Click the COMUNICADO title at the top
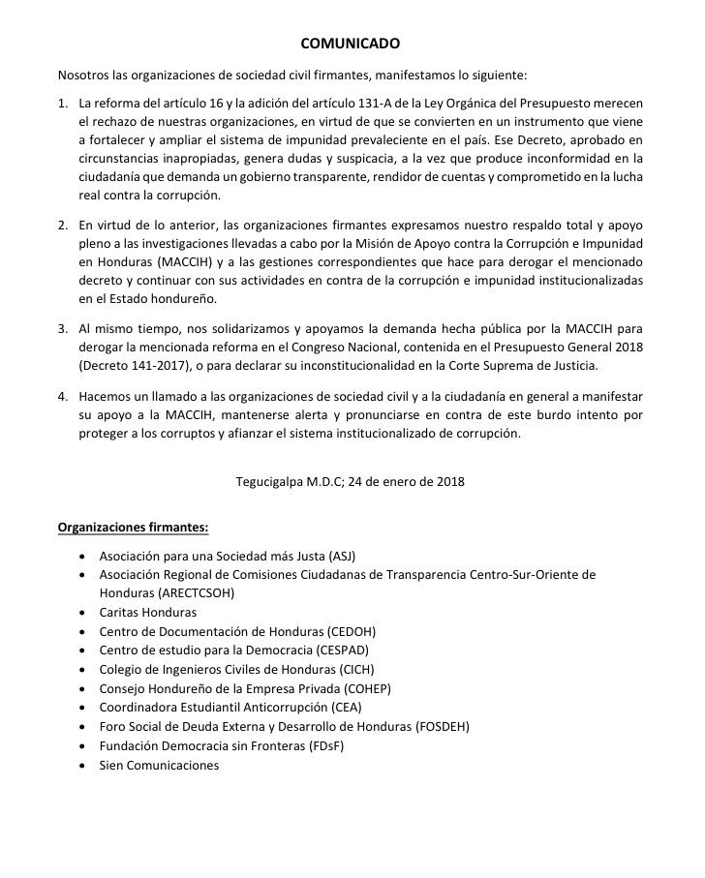pyautogui.click(x=352, y=43)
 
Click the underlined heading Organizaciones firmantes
pyautogui.click(x=134, y=528)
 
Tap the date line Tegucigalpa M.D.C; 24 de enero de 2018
pyautogui.click(x=351, y=480)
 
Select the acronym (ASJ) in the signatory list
pyautogui.click(x=343, y=557)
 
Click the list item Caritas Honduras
pyautogui.click(x=148, y=613)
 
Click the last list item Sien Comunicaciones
pyautogui.click(x=160, y=765)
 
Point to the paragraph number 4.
pyautogui.click(x=63, y=397)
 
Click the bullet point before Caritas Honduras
pyautogui.click(x=88, y=613)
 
